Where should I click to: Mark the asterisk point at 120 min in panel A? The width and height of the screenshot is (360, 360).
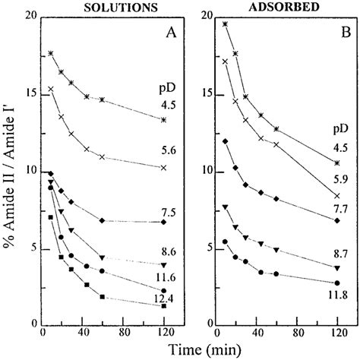coord(163,119)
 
